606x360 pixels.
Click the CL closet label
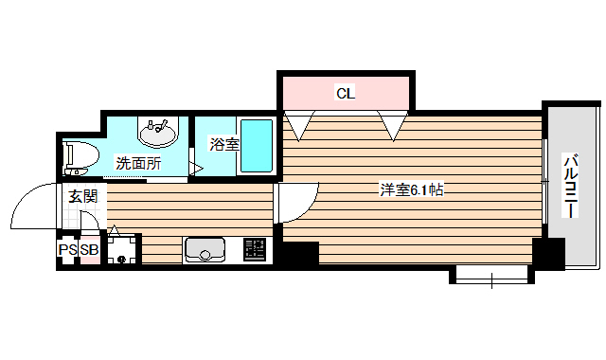pyautogui.click(x=346, y=93)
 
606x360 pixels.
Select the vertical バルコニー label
pyautogui.click(x=571, y=186)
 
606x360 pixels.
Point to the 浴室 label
pyautogui.click(x=224, y=145)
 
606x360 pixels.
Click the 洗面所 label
pyautogui.click(x=137, y=163)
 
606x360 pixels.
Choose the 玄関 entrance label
pyautogui.click(x=83, y=196)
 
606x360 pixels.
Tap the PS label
pyautogui.click(x=67, y=250)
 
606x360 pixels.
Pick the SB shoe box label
pyautogui.click(x=89, y=250)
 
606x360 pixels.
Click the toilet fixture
pyautogui.click(x=79, y=155)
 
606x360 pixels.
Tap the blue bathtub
pyautogui.click(x=256, y=145)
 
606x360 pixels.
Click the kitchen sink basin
pyautogui.click(x=203, y=250)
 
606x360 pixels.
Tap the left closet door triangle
pyautogui.click(x=299, y=124)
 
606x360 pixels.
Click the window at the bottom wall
pyautogui.click(x=492, y=277)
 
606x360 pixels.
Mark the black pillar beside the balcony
pyautogui.click(x=548, y=254)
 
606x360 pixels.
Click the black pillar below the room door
pyautogui.click(x=298, y=252)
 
